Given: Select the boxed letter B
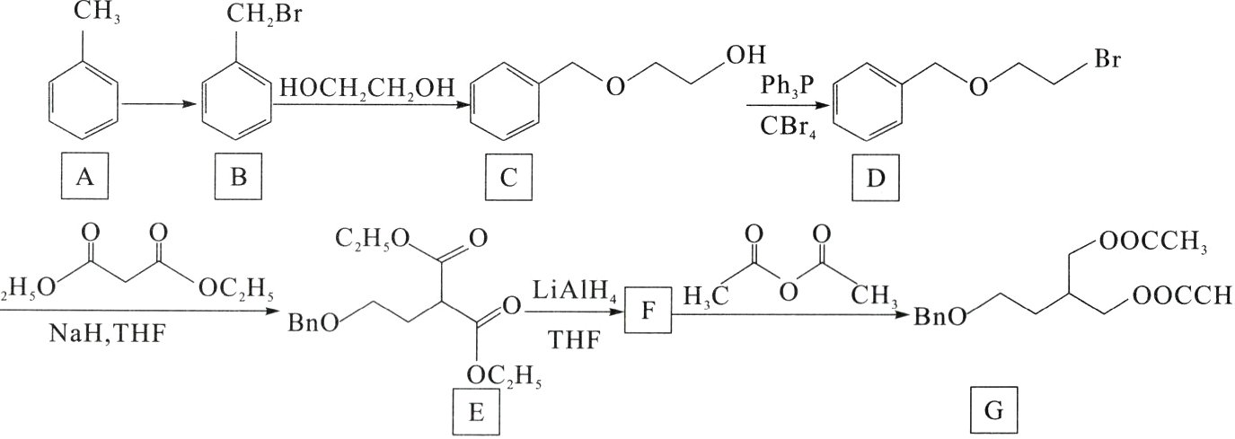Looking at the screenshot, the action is click(x=238, y=179).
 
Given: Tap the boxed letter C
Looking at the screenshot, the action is click(x=508, y=179).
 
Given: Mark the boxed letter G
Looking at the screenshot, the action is click(x=994, y=412).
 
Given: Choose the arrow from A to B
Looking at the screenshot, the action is click(x=158, y=104).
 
